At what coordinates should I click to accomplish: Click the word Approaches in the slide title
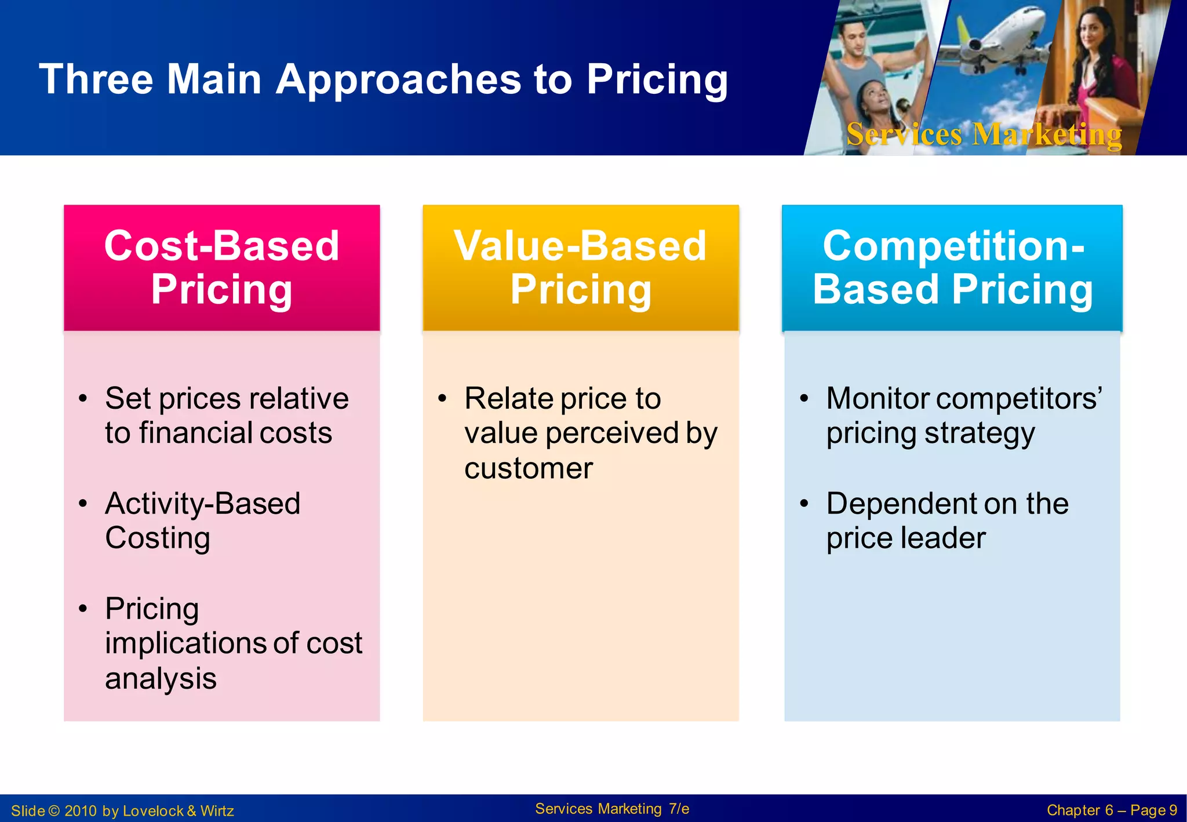[398, 79]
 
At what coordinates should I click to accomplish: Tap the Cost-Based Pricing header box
[221, 268]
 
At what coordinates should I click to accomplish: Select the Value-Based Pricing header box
[580, 268]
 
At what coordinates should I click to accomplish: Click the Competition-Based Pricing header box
[952, 268]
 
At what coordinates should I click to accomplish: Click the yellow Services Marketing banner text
[984, 134]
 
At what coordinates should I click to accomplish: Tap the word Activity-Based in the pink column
[202, 503]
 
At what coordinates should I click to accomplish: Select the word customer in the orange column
[528, 468]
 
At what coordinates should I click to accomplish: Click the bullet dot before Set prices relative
[83, 399]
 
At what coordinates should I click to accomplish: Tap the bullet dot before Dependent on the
[804, 503]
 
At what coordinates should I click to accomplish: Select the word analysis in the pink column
[161, 678]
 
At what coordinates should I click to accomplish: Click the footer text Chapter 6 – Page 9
[1111, 810]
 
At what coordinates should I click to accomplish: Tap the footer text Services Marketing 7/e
[611, 809]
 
